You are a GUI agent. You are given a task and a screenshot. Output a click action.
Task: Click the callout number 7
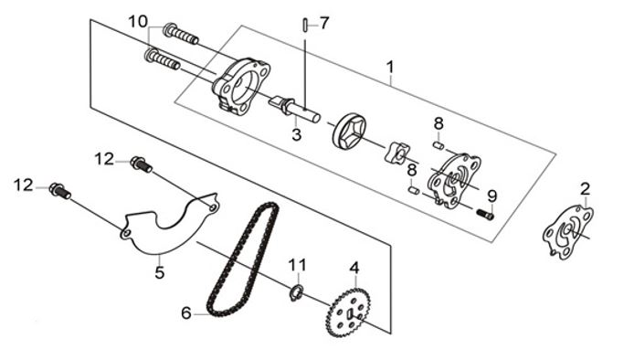[x=324, y=24]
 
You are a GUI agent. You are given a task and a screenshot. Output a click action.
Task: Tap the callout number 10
[x=138, y=22]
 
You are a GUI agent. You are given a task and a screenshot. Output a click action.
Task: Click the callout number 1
[x=390, y=67]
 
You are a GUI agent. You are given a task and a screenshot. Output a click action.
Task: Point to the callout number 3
[x=297, y=134]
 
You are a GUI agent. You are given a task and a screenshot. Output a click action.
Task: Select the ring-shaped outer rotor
[x=349, y=131]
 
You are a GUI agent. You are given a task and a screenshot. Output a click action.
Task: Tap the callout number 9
[x=492, y=196]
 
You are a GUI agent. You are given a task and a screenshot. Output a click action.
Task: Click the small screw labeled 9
[x=485, y=215]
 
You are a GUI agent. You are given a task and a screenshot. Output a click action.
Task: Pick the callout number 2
[x=585, y=189]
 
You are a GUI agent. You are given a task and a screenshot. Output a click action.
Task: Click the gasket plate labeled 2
[x=567, y=232]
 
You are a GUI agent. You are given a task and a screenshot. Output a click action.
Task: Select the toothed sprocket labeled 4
[x=348, y=312]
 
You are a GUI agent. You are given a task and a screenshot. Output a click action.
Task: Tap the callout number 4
[x=354, y=268]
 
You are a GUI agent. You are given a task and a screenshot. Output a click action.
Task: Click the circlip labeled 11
[x=296, y=293]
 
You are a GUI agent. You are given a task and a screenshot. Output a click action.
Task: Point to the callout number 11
[x=297, y=265]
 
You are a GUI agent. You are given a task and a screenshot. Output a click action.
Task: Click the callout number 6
[x=186, y=312]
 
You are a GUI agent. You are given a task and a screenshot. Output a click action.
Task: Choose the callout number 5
[x=160, y=272]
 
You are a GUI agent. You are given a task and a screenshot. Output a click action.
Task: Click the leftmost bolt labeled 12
[x=60, y=191]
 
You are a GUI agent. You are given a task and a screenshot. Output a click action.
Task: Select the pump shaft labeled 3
[x=294, y=108]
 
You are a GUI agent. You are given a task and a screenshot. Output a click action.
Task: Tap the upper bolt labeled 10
[x=181, y=34]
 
